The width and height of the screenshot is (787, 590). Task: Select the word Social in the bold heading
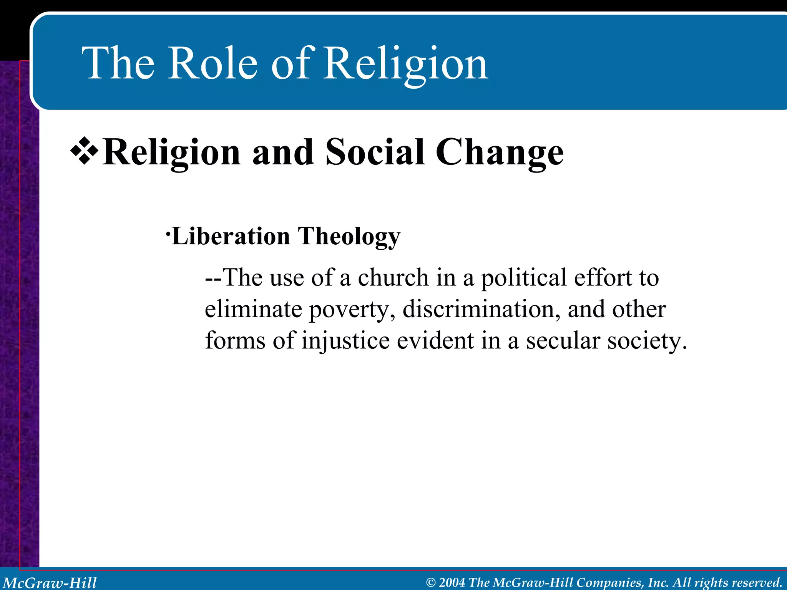tap(375, 152)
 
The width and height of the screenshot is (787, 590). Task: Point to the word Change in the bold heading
tap(499, 153)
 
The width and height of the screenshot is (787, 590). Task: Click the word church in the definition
tap(393, 277)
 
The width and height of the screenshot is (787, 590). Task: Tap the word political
tap(524, 278)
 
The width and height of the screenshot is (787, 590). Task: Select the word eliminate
tap(253, 309)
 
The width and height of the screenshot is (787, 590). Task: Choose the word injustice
tap(345, 341)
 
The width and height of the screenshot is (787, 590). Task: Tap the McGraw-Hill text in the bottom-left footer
tap(50, 583)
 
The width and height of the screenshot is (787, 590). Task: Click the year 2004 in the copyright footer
tap(452, 582)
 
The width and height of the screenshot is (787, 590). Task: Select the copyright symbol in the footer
tap(431, 583)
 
